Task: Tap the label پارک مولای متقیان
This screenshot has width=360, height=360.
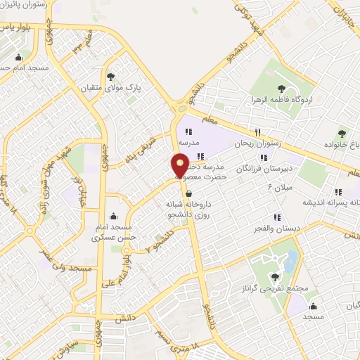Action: [x=110, y=89]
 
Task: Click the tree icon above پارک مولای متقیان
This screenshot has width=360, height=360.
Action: [x=110, y=76]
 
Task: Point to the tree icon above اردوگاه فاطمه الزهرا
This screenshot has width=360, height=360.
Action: [x=281, y=89]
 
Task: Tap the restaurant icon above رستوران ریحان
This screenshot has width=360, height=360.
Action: [x=259, y=131]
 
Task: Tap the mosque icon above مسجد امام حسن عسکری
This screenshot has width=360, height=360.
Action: [x=114, y=216]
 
